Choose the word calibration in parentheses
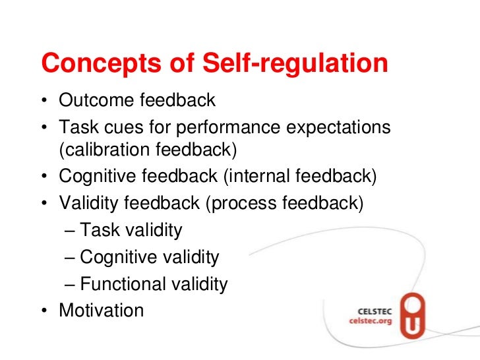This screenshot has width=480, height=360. tap(107, 150)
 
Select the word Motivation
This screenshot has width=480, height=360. tap(101, 310)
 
